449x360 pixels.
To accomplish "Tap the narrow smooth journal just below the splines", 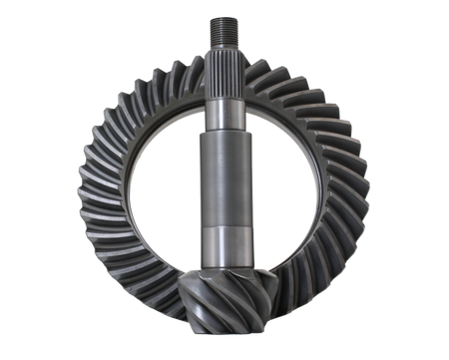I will [x=223, y=115].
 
